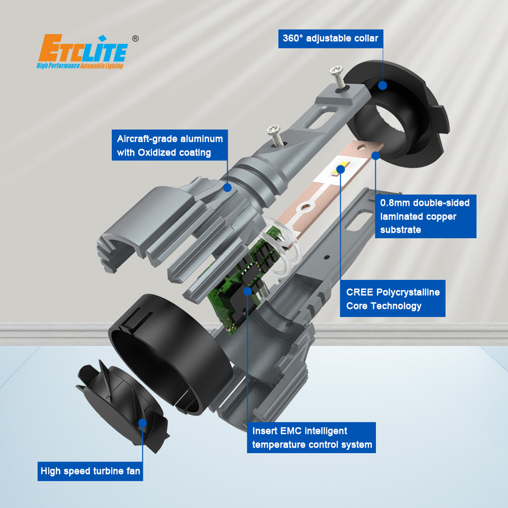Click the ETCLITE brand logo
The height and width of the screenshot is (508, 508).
coord(83,51)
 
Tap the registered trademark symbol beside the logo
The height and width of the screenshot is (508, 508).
coord(136,39)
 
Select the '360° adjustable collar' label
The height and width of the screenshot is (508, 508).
coord(331,39)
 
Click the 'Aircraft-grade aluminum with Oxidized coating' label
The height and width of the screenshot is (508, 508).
coord(170,145)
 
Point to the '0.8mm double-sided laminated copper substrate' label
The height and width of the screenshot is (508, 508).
coord(425,216)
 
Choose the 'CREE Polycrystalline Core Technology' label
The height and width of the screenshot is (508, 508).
coord(392,298)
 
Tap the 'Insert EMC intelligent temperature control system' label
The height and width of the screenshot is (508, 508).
coord(311,437)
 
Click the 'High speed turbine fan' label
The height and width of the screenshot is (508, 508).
coord(90,471)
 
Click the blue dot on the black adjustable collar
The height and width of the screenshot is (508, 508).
coord(383,85)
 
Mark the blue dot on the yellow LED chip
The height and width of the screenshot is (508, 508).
coord(340,169)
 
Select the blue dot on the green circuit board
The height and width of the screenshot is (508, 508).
coord(247,291)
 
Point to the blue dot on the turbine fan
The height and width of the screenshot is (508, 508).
coord(142,423)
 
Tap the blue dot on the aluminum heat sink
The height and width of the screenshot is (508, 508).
coord(228,187)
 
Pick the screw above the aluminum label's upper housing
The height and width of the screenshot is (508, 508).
coord(275,136)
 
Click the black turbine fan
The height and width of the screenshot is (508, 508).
coord(123,405)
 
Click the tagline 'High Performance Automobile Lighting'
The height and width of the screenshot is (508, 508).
coord(80,66)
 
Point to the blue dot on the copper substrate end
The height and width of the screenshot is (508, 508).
coord(375,155)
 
